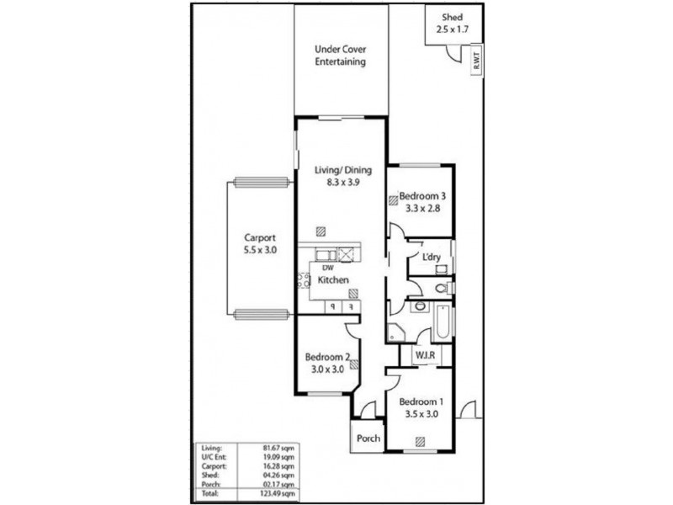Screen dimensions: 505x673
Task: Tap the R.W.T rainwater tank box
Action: click(x=476, y=61)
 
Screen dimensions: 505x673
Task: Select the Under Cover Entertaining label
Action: click(x=340, y=56)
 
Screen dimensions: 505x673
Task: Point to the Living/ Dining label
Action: click(x=342, y=170)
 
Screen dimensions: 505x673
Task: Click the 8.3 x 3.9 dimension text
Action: click(x=342, y=182)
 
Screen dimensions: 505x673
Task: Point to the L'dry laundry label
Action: click(x=432, y=257)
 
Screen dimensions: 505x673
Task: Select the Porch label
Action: click(x=368, y=439)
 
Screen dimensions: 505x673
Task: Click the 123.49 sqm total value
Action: click(x=279, y=495)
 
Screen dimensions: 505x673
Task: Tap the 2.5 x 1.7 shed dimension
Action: click(x=452, y=29)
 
